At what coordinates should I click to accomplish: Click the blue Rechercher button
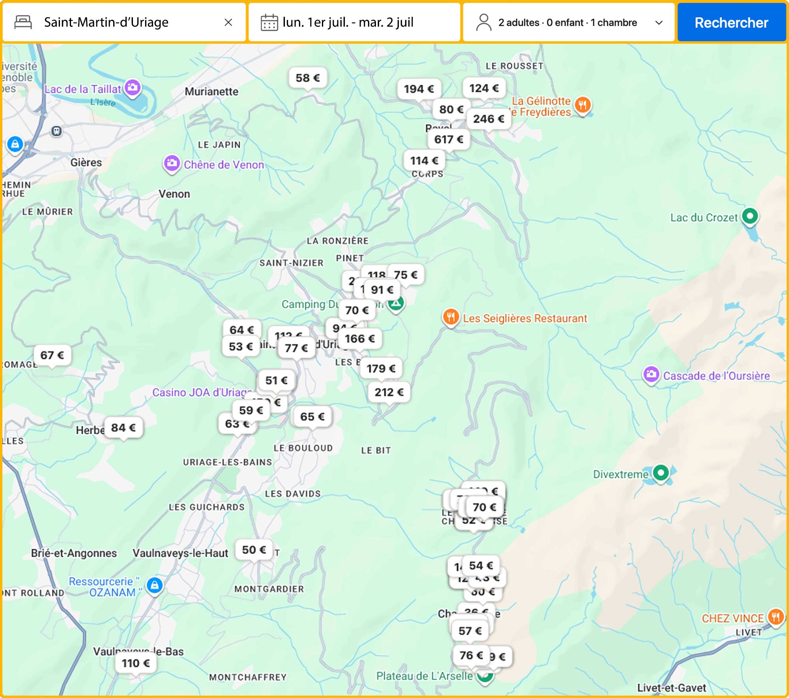(x=731, y=22)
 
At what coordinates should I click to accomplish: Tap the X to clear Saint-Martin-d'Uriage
(x=228, y=22)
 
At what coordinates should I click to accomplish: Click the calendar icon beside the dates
(x=269, y=22)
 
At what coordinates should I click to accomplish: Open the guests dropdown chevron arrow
(x=659, y=22)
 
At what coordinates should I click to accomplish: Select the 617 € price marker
(x=449, y=140)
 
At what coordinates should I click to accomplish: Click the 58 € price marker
(x=308, y=78)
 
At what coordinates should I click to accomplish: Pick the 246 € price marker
(x=488, y=119)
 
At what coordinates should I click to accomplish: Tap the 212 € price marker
(x=389, y=392)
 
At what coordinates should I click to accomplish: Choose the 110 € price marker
(x=136, y=663)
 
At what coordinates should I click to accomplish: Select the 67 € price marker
(x=52, y=355)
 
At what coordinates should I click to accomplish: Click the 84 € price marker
(x=123, y=428)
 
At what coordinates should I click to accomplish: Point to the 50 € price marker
(x=254, y=550)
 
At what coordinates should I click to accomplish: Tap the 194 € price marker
(x=419, y=89)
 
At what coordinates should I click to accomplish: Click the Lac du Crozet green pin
(x=750, y=216)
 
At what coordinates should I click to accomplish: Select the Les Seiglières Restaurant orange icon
(x=451, y=316)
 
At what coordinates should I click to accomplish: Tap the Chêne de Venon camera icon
(x=172, y=163)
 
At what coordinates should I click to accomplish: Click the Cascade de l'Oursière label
(x=716, y=376)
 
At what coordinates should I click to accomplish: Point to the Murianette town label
(x=211, y=91)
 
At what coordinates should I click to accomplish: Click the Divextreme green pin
(x=661, y=473)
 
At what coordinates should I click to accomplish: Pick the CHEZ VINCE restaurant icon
(x=775, y=617)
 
